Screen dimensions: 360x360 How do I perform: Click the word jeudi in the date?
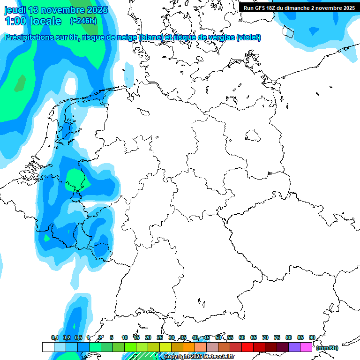pyautogui.click(x=15, y=10)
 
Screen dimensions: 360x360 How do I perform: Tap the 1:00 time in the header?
pyautogui.click(x=15, y=21)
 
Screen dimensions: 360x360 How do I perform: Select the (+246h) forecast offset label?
pyautogui.click(x=83, y=21)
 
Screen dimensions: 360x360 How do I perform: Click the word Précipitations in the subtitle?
pyautogui.click(x=29, y=37)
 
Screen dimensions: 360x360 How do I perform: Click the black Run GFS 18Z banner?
pyautogui.click(x=299, y=7)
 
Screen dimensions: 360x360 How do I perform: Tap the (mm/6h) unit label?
pyautogui.click(x=327, y=348)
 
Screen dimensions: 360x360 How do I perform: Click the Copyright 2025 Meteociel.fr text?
pyautogui.click(x=199, y=357)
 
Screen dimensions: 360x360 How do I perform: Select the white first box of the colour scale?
pyautogui.click(x=48, y=347)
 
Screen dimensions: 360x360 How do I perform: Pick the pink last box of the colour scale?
pyautogui.click(x=306, y=347)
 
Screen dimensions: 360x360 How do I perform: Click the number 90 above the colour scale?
pyautogui.click(x=312, y=337)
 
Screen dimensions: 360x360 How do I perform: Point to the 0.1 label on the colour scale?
pyautogui.click(x=55, y=337)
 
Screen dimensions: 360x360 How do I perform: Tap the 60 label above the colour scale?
pyautogui.click(x=242, y=337)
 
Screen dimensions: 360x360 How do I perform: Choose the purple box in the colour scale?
pyautogui.click(x=294, y=347)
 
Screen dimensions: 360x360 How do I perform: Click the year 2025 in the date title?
pyautogui.click(x=97, y=10)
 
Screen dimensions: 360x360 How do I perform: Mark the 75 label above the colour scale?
pyautogui.click(x=277, y=337)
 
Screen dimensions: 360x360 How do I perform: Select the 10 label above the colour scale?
pyautogui.click(x=125, y=337)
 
